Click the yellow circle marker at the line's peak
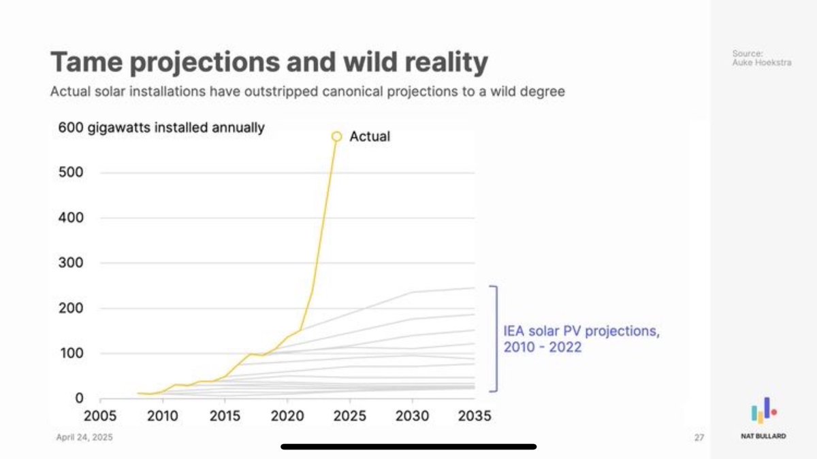(x=336, y=137)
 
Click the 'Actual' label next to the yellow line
(x=370, y=137)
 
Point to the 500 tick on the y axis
(x=70, y=173)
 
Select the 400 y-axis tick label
(x=70, y=218)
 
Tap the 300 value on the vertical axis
(x=70, y=263)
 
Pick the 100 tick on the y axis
(x=70, y=354)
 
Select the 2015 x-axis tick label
(x=225, y=416)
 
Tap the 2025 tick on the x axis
(x=350, y=416)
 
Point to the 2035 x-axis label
(x=474, y=416)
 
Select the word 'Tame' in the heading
(x=84, y=63)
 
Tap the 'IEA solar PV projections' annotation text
(x=581, y=333)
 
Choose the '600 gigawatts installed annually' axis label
(x=161, y=128)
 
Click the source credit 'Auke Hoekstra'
(x=752, y=63)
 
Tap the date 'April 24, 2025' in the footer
(x=84, y=437)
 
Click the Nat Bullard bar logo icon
(x=763, y=411)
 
